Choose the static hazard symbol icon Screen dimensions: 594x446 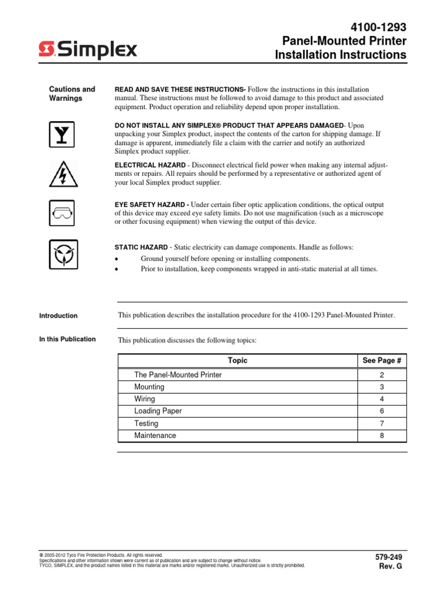pos(61,253)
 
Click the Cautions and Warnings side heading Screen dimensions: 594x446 pos(71,93)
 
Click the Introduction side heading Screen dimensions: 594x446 pos(58,316)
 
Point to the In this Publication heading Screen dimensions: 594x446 pos(67,339)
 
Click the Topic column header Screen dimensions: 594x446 pos(238,360)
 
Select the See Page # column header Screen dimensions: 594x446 pos(382,360)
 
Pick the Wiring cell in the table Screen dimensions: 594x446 pos(145,399)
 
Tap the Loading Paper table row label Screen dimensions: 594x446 pos(158,411)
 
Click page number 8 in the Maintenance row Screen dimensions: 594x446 pos(382,436)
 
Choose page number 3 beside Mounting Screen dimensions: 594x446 pos(382,387)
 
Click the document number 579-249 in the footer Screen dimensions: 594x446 pos(389,557)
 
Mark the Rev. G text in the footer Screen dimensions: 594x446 pos(391,566)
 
